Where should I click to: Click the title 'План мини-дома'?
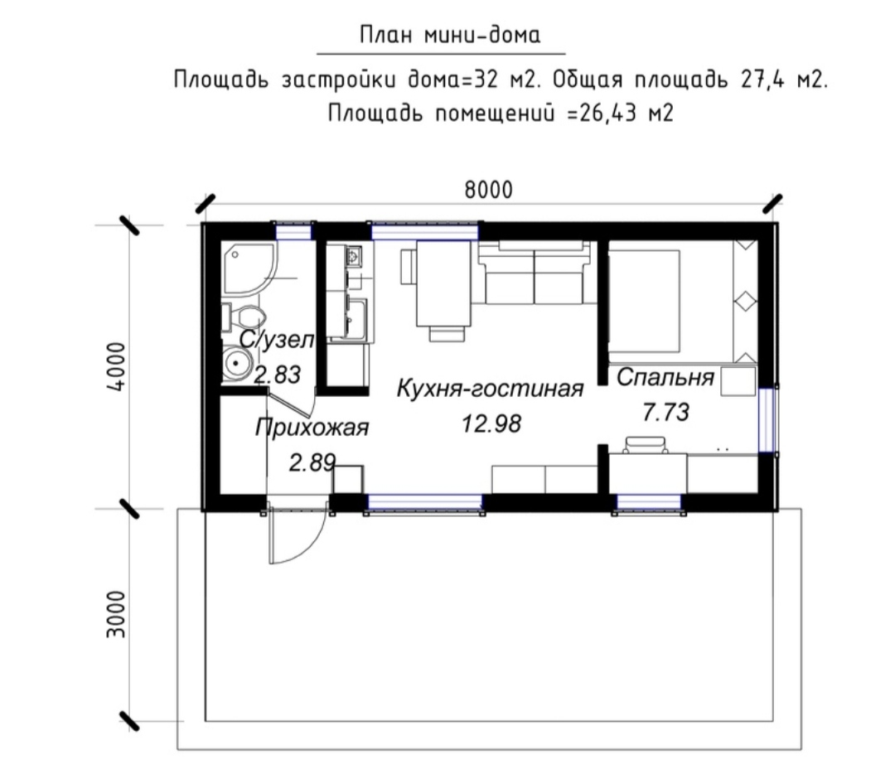click(450, 36)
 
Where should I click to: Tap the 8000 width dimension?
click(489, 190)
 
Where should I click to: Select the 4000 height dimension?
click(117, 366)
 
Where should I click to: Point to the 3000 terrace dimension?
click(117, 614)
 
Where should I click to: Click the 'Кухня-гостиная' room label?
click(490, 389)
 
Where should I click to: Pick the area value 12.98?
click(491, 424)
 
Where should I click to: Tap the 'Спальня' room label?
click(665, 378)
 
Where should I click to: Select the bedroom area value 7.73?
click(665, 412)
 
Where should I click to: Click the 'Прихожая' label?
click(312, 428)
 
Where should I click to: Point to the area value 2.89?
click(312, 462)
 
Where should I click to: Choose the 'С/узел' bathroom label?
click(276, 340)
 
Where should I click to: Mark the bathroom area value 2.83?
click(277, 375)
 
